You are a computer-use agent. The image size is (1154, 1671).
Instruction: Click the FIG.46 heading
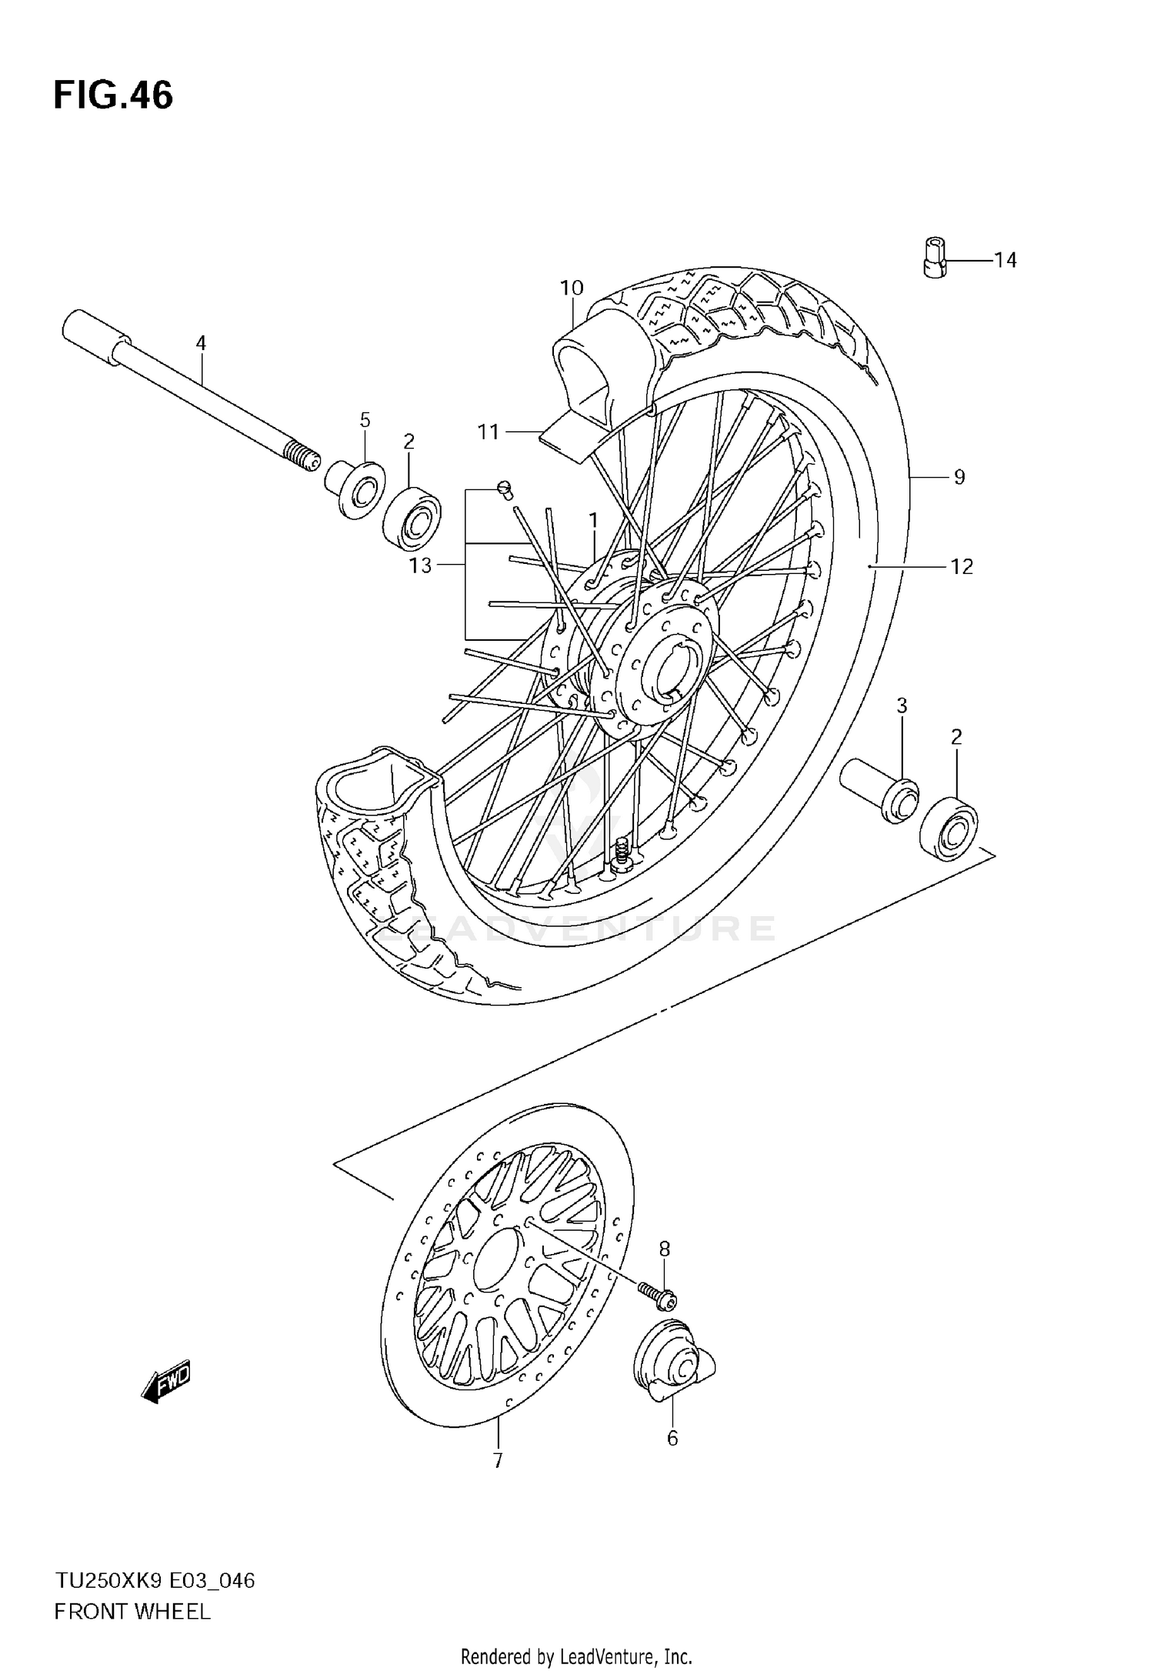pos(113,96)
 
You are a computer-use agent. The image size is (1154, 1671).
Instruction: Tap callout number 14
pos(1005,261)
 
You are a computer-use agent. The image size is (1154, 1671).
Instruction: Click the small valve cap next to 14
pos(933,257)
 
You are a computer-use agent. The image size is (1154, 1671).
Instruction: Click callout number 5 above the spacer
pos(365,420)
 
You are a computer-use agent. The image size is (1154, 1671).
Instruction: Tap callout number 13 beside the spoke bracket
pos(420,566)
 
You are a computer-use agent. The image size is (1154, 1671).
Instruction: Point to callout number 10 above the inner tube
pos(572,289)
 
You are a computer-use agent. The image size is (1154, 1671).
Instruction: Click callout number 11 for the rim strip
pos(489,432)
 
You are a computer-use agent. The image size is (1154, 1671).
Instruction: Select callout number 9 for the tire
pos(959,478)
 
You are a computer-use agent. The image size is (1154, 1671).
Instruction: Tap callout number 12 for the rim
pos(962,567)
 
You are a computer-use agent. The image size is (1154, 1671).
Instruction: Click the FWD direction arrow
pos(166,1385)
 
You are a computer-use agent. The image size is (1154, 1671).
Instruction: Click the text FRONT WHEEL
pos(132,1612)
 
